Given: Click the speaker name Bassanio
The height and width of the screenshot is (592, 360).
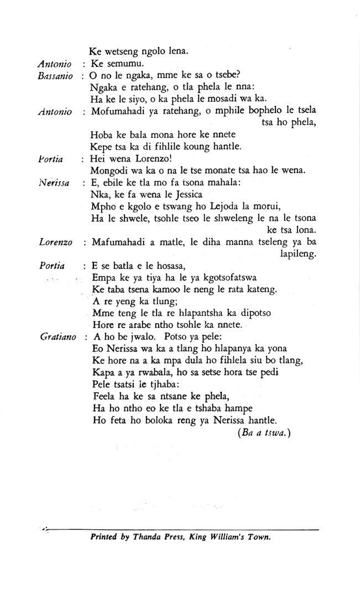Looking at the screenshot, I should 55,76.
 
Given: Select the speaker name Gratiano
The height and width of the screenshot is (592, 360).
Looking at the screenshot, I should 58,337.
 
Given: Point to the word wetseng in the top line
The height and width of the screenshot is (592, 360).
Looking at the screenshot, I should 121,51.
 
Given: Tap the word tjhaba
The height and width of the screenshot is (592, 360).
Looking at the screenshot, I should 164,384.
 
